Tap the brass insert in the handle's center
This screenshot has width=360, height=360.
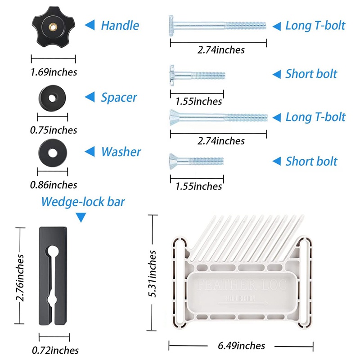[x=53, y=27]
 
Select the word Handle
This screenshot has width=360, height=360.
[x=119, y=25]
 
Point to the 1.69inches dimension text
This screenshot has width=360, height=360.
[x=54, y=72]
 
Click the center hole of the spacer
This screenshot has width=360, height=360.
[x=53, y=96]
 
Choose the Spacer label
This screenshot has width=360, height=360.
[x=119, y=97]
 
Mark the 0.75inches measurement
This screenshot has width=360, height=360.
[x=53, y=130]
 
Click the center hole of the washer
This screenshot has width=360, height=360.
[x=53, y=152]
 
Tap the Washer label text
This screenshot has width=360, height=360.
[x=121, y=152]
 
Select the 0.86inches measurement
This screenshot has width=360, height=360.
[x=53, y=184]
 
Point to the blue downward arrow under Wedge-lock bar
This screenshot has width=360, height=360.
[x=81, y=218]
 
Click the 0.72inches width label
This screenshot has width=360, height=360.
[x=55, y=350]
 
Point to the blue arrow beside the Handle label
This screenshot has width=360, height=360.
[x=90, y=25]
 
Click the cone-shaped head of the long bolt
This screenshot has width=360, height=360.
[x=175, y=117]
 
